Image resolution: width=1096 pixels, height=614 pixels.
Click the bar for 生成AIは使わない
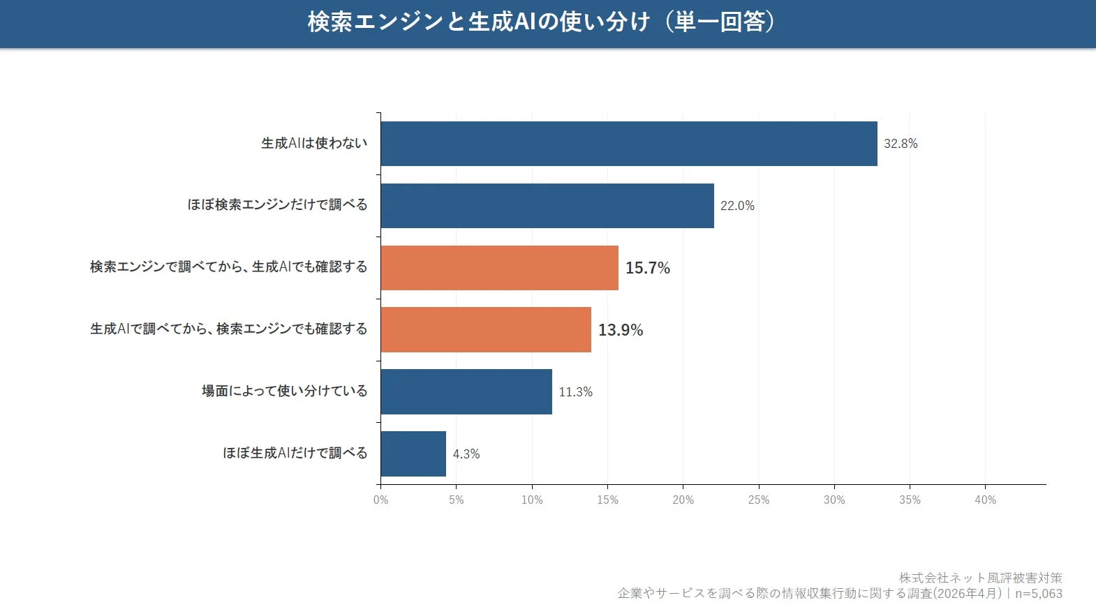pyautogui.click(x=628, y=144)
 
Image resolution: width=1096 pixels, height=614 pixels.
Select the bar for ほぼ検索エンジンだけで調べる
pyautogui.click(x=547, y=206)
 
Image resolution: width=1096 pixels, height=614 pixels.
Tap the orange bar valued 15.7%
pyautogui.click(x=499, y=268)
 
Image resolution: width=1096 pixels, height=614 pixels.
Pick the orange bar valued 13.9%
pyautogui.click(x=486, y=329)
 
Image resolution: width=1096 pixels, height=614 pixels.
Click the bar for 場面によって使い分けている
pyautogui.click(x=466, y=391)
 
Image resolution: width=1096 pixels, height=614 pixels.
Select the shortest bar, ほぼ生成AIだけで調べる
pyautogui.click(x=413, y=454)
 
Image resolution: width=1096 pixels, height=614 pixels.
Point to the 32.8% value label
pyautogui.click(x=901, y=144)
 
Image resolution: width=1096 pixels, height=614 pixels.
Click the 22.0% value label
pyautogui.click(x=737, y=206)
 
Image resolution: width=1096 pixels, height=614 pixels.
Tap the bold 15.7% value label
pyautogui.click(x=647, y=268)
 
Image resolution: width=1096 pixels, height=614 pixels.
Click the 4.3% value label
pyautogui.click(x=466, y=454)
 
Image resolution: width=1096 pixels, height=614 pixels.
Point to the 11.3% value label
pyautogui.click(x=575, y=392)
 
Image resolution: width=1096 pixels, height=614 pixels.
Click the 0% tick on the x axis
pyautogui.click(x=380, y=500)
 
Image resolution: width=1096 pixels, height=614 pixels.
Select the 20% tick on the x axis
pyautogui.click(x=683, y=500)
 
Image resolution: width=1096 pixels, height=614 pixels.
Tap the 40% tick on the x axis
pyautogui.click(x=985, y=500)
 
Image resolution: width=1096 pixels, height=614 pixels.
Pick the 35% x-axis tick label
pyautogui.click(x=910, y=500)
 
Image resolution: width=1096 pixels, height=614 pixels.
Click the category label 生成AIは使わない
pyautogui.click(x=314, y=143)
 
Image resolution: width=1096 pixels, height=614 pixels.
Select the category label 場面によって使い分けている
pyautogui.click(x=284, y=391)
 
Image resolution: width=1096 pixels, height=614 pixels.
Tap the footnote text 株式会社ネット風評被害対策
pyautogui.click(x=980, y=578)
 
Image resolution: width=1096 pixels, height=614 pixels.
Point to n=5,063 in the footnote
pyautogui.click(x=1038, y=594)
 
